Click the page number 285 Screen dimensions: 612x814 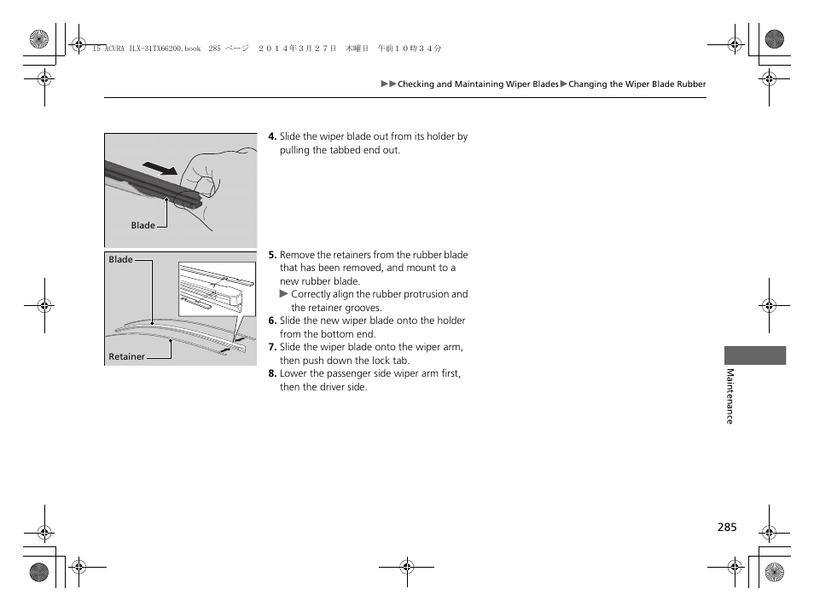[726, 528]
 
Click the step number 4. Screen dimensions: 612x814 [272, 136]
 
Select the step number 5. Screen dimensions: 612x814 [272, 255]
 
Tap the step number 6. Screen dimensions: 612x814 [272, 321]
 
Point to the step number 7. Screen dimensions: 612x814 [272, 348]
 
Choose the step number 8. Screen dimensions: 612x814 [272, 374]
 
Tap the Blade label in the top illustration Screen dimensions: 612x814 [142, 226]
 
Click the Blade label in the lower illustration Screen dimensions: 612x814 [120, 260]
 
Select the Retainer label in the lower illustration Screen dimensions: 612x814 [126, 357]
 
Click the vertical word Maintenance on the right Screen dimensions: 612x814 [730, 395]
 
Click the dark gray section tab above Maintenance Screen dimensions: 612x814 [755, 355]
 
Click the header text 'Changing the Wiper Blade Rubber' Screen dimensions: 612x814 [637, 84]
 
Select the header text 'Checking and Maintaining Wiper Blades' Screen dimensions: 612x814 [478, 84]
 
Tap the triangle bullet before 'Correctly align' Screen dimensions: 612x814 [285, 294]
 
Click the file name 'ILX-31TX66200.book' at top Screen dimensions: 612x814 [159, 49]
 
